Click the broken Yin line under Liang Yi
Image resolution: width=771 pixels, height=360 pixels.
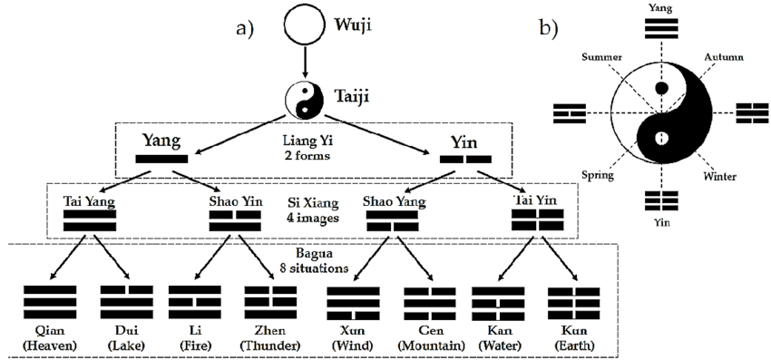465,160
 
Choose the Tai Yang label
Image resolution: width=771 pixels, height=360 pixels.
89,200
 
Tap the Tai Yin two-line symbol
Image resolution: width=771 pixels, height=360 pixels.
537,219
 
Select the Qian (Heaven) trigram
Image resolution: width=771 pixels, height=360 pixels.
49,302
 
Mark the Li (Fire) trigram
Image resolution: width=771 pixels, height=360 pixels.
195,302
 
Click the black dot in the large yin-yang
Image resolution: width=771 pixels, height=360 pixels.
662,88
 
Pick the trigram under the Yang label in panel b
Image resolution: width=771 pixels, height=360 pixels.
662,28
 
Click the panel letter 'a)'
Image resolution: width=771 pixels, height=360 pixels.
244,27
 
